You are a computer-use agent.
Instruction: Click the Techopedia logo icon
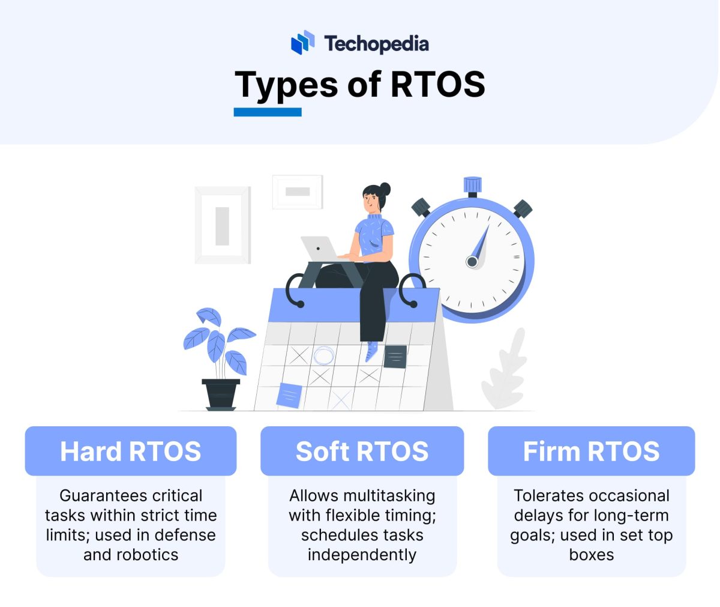302,43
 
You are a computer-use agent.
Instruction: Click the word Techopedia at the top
376,44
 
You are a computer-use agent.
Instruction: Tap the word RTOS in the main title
437,84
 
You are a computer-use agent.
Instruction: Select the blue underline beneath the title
268,112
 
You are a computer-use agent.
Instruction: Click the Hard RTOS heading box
131,451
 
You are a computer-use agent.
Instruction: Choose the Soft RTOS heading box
362,451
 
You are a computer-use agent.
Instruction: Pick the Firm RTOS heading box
591,451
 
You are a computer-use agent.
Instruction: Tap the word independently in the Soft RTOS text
362,555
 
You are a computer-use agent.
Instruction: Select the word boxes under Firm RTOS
591,555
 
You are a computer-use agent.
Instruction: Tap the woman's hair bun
385,189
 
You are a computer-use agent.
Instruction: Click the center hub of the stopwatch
472,262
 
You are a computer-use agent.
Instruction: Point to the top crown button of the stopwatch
473,185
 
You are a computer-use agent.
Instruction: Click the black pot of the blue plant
221,394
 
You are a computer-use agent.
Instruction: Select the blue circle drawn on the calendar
324,355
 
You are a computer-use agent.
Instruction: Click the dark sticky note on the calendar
395,357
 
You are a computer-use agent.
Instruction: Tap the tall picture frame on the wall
223,225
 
